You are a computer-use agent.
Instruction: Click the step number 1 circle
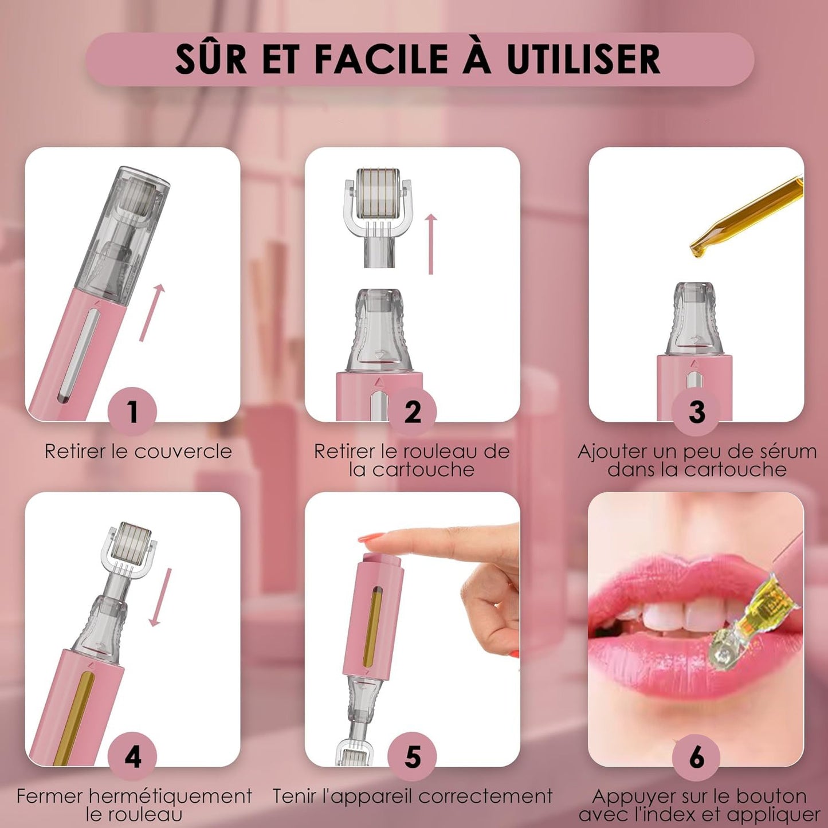point(132,411)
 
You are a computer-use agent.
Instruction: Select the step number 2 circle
point(412,411)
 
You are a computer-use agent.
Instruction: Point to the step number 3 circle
point(696,411)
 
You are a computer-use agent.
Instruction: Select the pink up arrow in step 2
point(431,244)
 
